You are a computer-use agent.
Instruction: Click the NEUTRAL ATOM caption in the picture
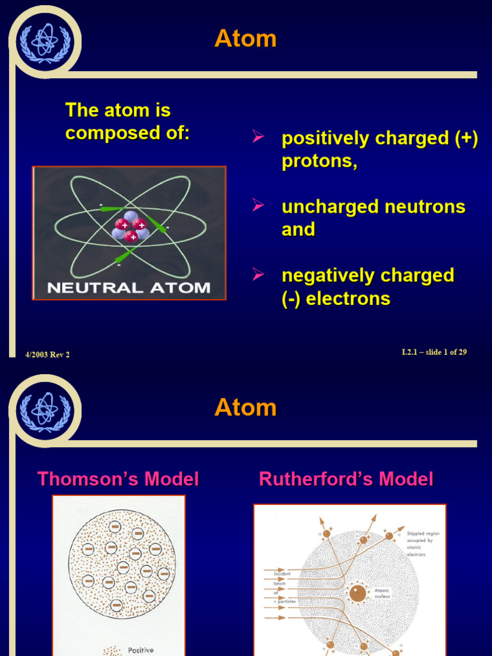129,288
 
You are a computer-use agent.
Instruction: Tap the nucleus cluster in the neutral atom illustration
131,225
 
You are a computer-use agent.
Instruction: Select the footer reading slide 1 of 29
434,352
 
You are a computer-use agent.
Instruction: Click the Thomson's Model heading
118,479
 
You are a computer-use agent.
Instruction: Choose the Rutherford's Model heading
346,479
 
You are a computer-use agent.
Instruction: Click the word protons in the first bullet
318,161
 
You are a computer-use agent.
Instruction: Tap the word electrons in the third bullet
348,299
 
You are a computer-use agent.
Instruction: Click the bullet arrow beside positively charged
258,136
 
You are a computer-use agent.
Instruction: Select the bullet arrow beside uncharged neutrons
258,205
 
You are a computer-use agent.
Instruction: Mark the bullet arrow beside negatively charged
258,274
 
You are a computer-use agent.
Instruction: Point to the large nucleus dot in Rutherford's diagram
358,593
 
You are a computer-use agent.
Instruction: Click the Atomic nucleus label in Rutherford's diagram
382,593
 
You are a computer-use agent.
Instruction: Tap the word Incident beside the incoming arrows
282,573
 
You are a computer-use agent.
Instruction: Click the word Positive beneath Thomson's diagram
140,650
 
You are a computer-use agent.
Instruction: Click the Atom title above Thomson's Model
245,407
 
